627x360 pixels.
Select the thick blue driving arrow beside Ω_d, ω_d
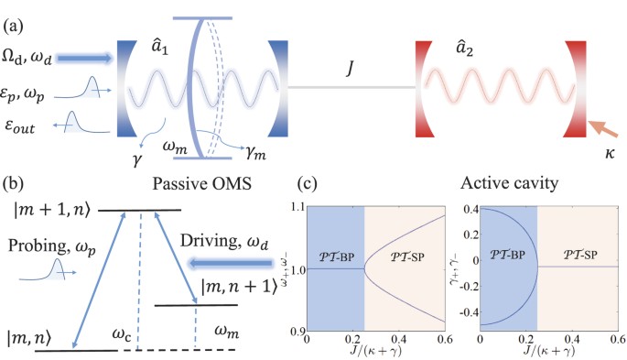click(83, 59)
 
